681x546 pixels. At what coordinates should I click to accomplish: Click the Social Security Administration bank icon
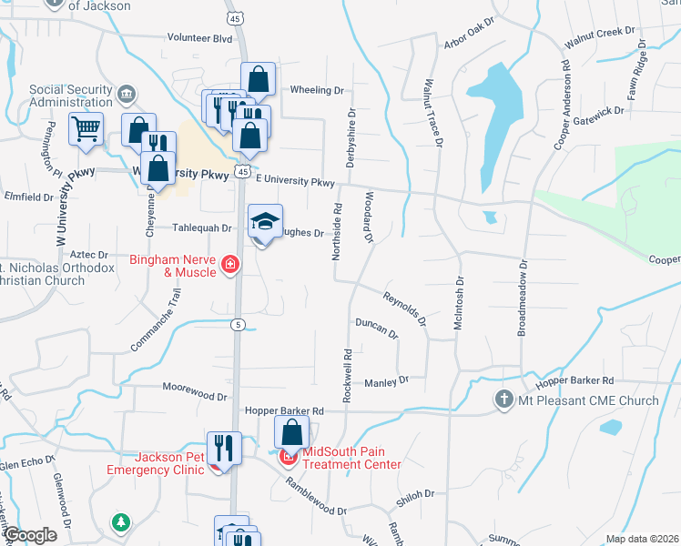point(126,93)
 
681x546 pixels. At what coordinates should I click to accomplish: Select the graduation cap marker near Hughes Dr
point(264,221)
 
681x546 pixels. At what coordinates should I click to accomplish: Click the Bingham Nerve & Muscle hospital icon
point(229,266)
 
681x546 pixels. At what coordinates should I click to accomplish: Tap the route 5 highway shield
point(237,325)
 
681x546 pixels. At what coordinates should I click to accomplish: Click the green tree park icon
point(120,522)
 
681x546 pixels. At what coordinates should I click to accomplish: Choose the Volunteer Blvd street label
point(199,38)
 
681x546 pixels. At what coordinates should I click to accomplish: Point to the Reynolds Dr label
point(404,308)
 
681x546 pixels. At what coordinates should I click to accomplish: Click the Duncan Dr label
point(376,328)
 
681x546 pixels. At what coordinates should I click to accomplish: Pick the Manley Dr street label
point(386,380)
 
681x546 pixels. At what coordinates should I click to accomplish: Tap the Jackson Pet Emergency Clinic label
point(156,463)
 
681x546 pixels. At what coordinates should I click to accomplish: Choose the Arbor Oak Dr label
point(468,31)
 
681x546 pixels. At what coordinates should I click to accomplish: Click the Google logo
point(30,534)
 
